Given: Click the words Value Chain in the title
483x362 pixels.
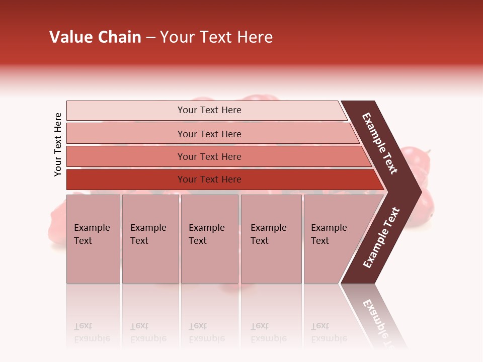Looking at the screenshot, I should pyautogui.click(x=95, y=37).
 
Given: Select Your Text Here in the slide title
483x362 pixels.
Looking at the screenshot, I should pyautogui.click(x=216, y=37).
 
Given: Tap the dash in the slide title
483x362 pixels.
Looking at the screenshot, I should pyautogui.click(x=150, y=38).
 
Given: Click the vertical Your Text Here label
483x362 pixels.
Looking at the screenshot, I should pyautogui.click(x=58, y=144).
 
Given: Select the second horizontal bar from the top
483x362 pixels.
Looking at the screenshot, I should pyautogui.click(x=209, y=134).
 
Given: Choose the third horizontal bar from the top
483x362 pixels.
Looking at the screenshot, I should pyautogui.click(x=209, y=156).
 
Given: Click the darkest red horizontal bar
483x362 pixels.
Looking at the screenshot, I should pyautogui.click(x=209, y=179).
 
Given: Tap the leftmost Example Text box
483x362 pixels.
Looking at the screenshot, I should pyautogui.click(x=93, y=239).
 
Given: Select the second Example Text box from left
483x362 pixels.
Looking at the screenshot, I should pyautogui.click(x=150, y=239).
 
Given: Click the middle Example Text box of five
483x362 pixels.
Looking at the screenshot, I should pyautogui.click(x=209, y=239).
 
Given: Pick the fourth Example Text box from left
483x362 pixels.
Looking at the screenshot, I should pyautogui.click(x=271, y=239).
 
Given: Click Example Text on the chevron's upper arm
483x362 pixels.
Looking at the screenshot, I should pyautogui.click(x=380, y=143).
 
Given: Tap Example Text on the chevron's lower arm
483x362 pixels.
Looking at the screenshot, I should pyautogui.click(x=381, y=238).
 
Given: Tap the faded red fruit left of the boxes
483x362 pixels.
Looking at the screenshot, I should pyautogui.click(x=56, y=226).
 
